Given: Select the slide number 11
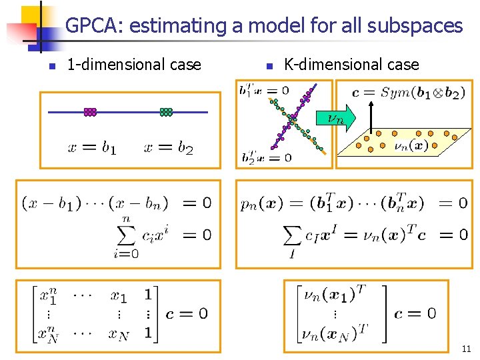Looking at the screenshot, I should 466,349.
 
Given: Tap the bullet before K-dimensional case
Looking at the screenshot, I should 267,66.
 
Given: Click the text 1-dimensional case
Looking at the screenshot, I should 134,65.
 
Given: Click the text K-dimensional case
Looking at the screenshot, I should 351,65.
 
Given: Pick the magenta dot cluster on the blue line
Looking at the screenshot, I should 90,112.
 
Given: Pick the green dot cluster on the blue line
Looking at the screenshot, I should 166,112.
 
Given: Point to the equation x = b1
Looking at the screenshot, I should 92,148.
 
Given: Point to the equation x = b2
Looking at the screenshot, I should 168,148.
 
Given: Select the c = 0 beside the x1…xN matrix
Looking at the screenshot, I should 187,313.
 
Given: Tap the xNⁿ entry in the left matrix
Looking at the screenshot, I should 46,332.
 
